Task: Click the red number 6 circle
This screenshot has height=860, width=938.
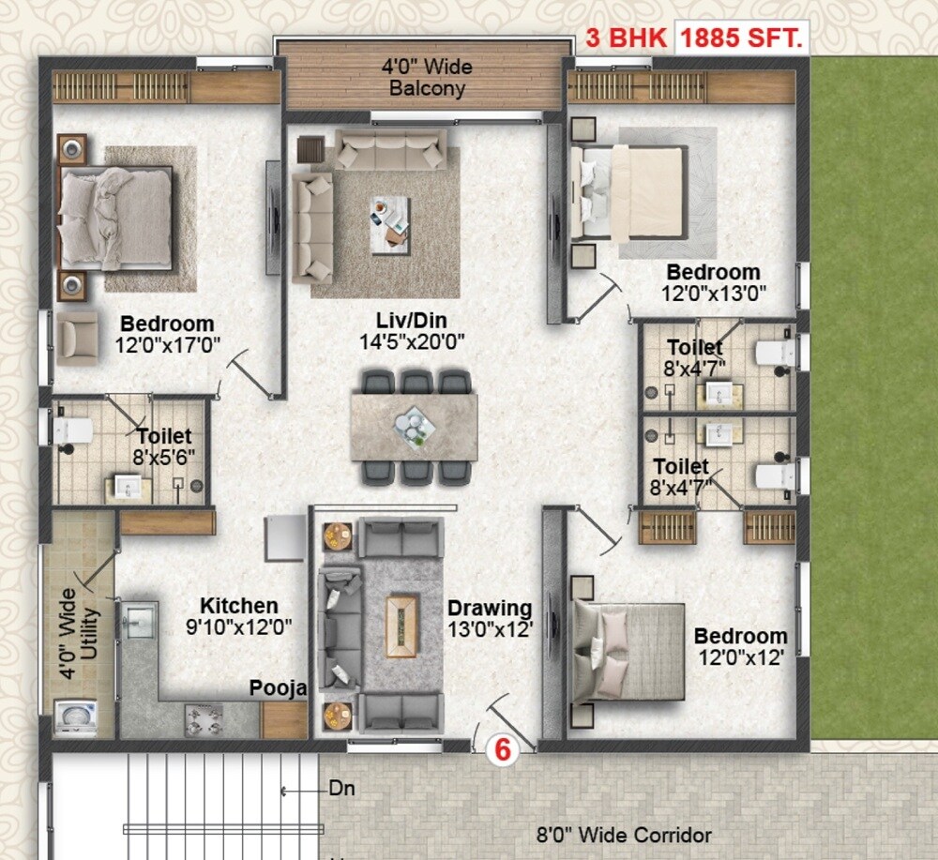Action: tap(503, 750)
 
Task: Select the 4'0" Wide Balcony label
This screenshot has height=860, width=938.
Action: tap(427, 79)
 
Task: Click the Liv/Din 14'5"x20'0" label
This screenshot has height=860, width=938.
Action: tap(413, 332)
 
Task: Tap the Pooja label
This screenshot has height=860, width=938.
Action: tap(278, 689)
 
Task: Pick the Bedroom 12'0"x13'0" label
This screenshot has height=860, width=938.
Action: tap(714, 282)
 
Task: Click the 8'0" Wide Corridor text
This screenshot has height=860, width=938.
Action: tap(624, 835)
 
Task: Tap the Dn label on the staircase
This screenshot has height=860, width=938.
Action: tap(340, 789)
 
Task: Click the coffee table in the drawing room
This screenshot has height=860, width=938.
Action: tap(401, 626)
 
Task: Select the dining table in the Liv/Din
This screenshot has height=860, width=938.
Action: tap(414, 427)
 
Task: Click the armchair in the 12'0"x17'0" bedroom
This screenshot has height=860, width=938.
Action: tap(77, 338)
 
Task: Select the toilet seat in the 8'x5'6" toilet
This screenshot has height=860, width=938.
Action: tap(72, 430)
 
